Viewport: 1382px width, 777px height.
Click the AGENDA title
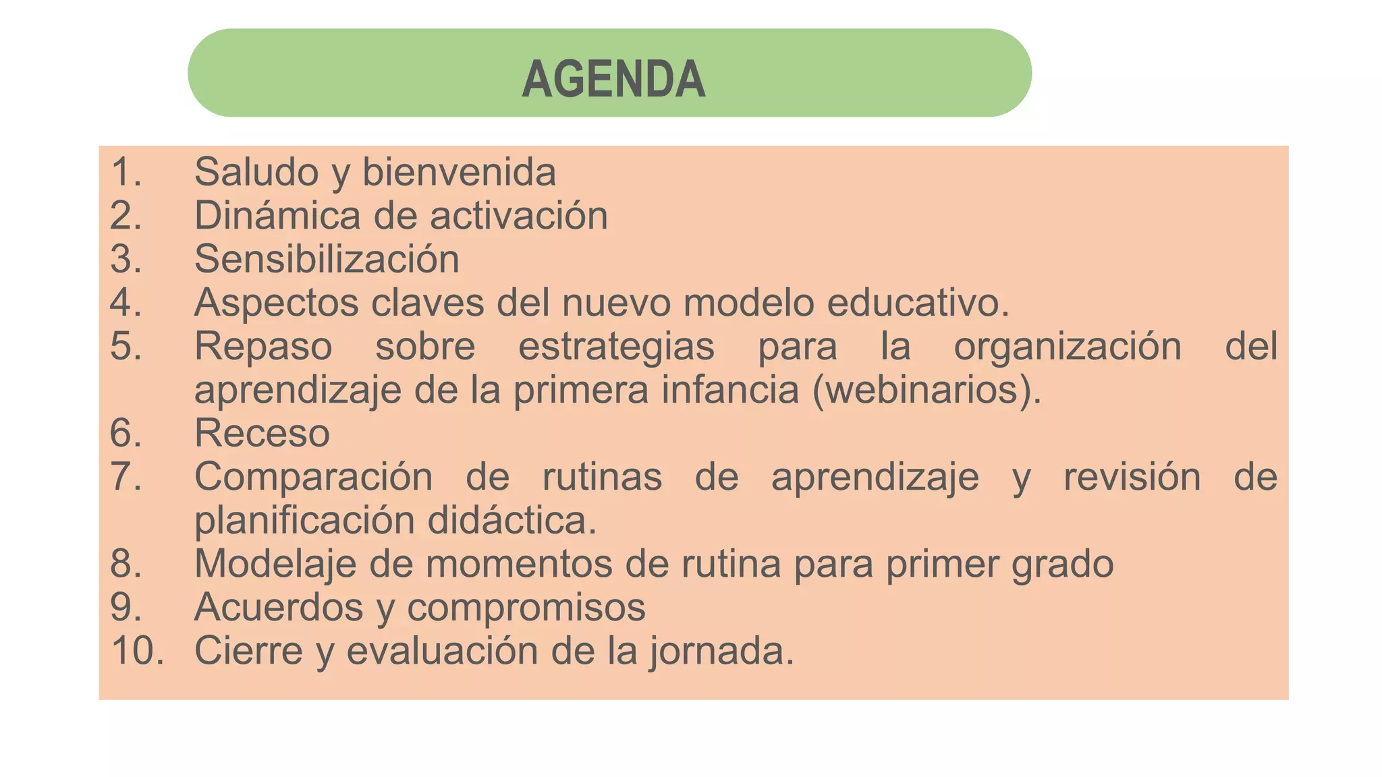click(613, 80)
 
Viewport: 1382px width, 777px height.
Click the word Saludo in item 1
click(256, 172)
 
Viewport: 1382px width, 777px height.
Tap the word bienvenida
click(459, 172)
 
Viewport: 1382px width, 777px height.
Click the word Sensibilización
click(327, 259)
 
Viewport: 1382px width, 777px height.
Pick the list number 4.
click(126, 302)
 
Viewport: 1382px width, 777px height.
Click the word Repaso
click(263, 347)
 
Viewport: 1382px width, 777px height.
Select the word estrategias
click(616, 347)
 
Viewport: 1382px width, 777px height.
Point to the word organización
click(1067, 347)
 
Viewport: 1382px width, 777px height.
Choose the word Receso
click(262, 433)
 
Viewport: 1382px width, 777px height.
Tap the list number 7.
click(126, 477)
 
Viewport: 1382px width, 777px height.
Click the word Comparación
click(313, 477)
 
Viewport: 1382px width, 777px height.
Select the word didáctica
click(512, 521)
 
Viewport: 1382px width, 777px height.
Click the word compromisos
click(526, 607)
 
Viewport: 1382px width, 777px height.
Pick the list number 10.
click(137, 651)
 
